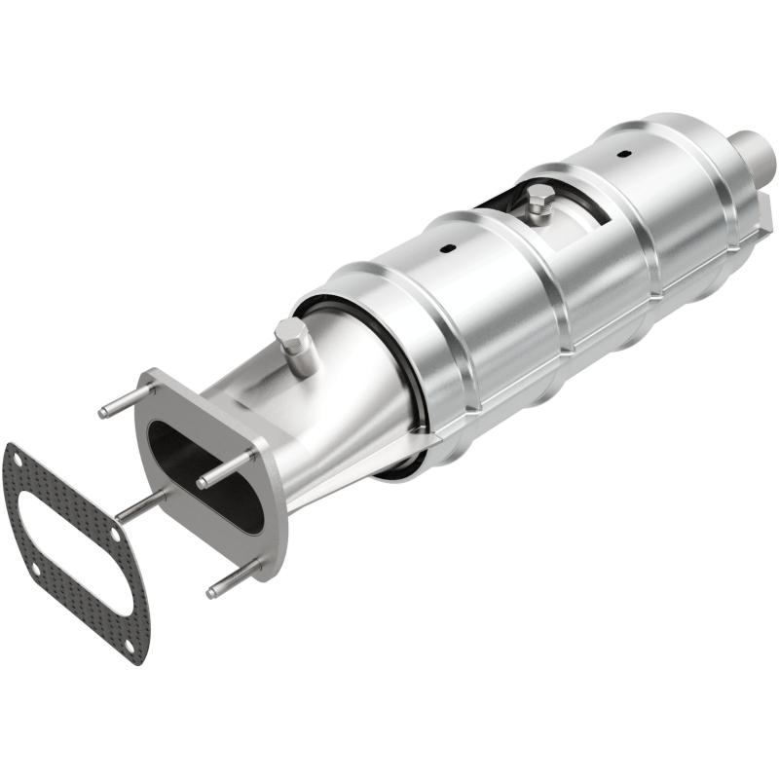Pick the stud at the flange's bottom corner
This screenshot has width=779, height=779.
[x=234, y=577]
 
